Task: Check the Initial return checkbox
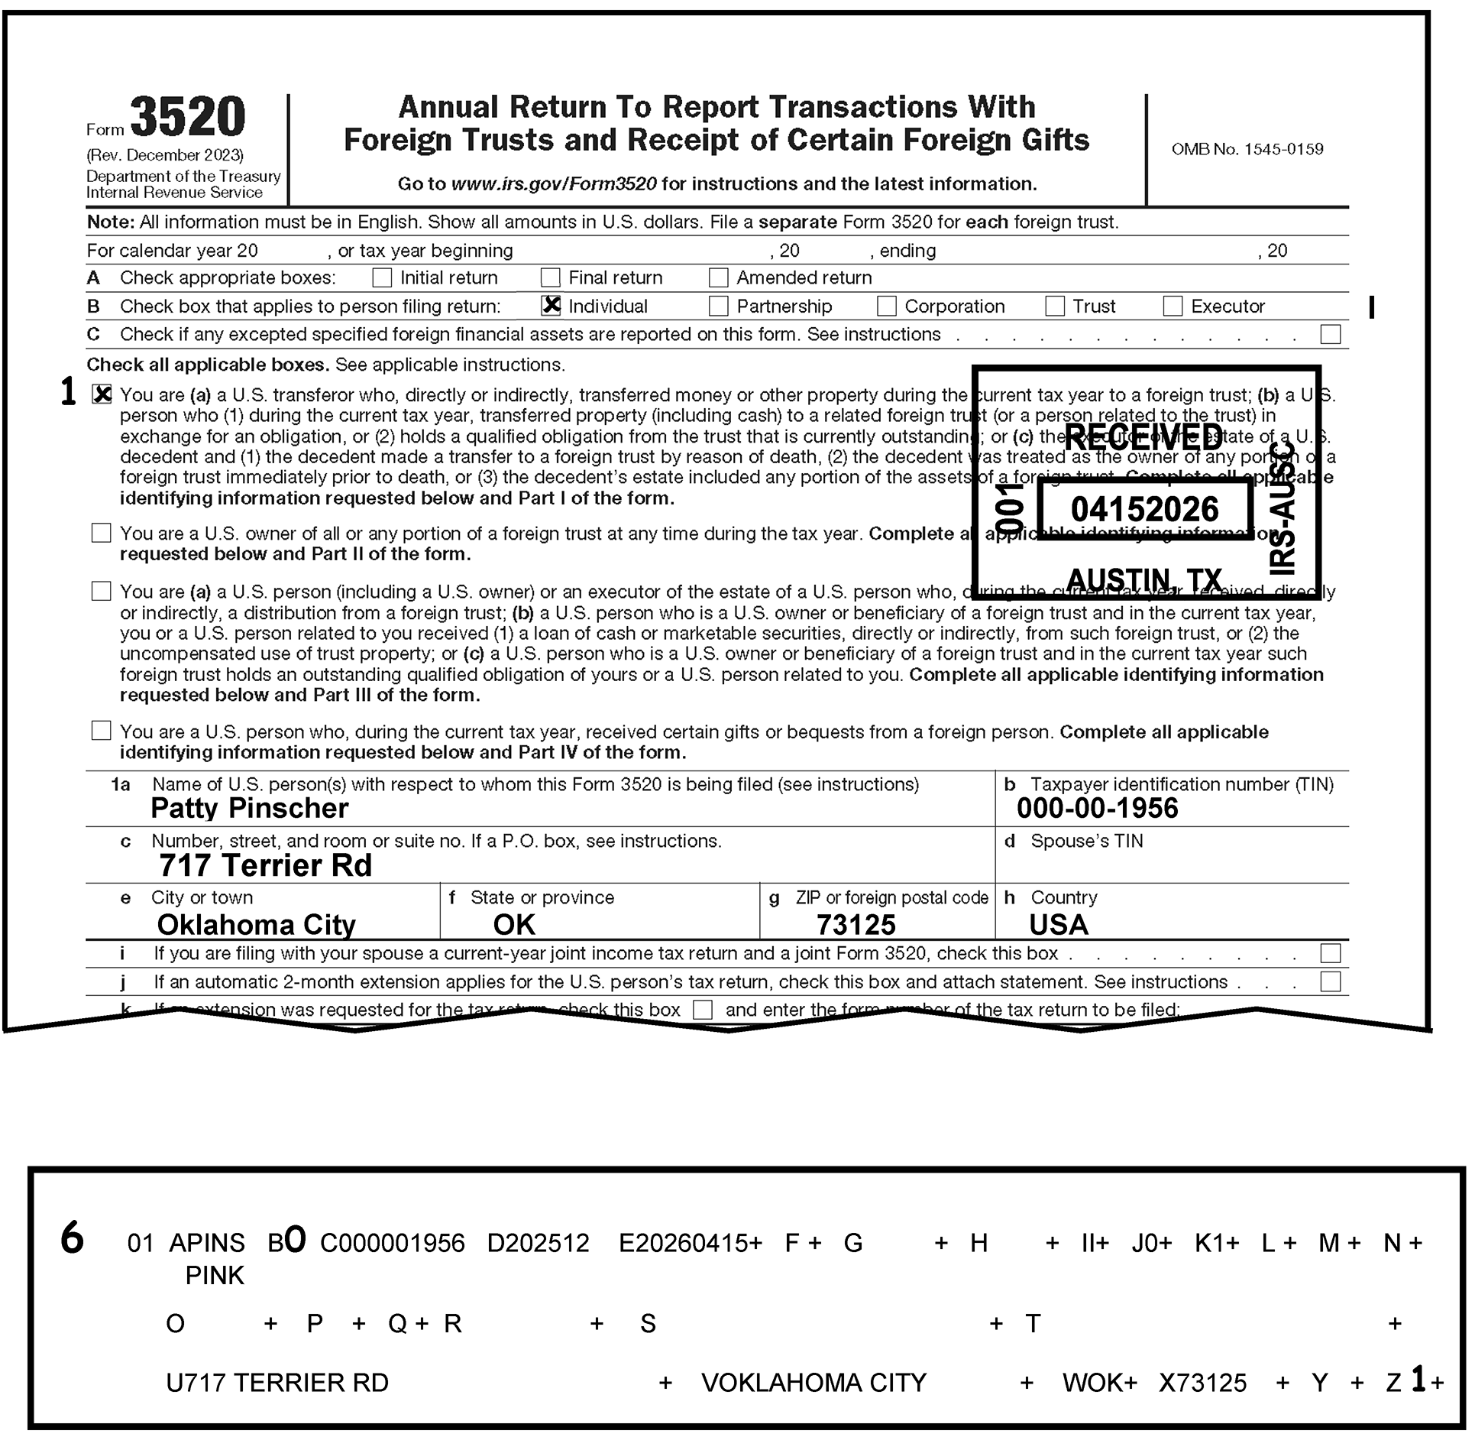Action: tap(382, 277)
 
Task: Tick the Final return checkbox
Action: tap(550, 277)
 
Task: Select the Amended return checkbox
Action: tap(718, 277)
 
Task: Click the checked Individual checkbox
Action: tap(550, 306)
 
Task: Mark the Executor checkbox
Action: tap(1173, 307)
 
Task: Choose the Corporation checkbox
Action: tap(886, 307)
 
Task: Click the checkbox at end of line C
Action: tap(1330, 335)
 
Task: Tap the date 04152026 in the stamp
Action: tap(1144, 510)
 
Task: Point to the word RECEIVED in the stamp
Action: tap(1143, 438)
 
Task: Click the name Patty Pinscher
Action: tap(249, 809)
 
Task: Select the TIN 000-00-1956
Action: tap(1097, 809)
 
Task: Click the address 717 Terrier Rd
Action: tap(265, 866)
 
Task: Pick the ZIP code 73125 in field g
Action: tap(856, 925)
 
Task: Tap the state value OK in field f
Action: tap(514, 925)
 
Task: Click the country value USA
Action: tap(1058, 925)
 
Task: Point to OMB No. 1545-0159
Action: tap(1247, 150)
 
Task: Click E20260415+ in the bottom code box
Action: tap(690, 1244)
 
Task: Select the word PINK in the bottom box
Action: tap(215, 1276)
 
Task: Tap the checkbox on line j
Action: tap(1330, 982)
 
